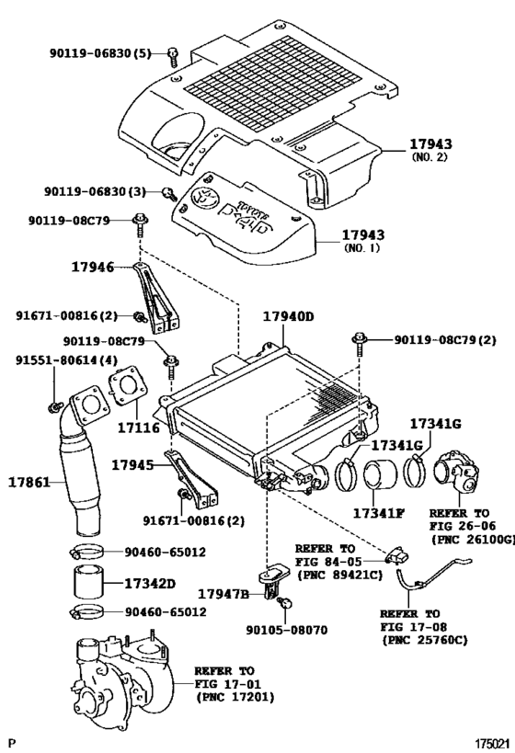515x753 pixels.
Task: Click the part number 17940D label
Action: tap(288, 316)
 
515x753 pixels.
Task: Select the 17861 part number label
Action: tap(29, 482)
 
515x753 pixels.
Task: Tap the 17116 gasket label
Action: tap(139, 428)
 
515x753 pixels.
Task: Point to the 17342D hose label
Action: tap(150, 584)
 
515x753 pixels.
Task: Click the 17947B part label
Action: tap(223, 595)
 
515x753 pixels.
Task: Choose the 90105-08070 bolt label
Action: tap(287, 630)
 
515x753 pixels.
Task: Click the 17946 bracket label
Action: tap(93, 267)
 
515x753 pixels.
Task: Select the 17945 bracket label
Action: tap(133, 465)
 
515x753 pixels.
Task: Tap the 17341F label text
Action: tap(378, 513)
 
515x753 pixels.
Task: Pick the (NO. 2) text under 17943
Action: tap(429, 157)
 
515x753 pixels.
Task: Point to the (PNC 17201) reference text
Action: tap(235, 696)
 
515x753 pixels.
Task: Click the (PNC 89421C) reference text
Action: tap(339, 575)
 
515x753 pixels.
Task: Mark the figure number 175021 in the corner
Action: tap(492, 744)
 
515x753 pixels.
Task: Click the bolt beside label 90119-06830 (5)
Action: tap(173, 57)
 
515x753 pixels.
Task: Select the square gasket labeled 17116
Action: tap(128, 385)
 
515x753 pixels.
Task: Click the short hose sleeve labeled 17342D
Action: tap(88, 583)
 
